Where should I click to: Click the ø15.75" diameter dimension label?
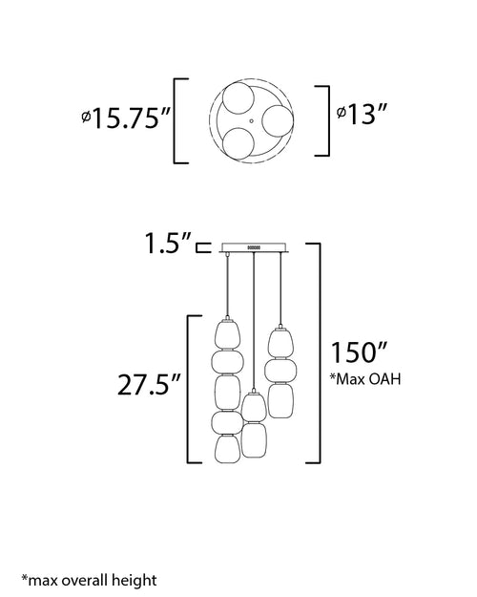click(126, 118)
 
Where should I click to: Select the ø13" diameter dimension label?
click(362, 114)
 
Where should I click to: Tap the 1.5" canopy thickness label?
click(168, 243)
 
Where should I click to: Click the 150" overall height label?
click(359, 352)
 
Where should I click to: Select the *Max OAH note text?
click(364, 379)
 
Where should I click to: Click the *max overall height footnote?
click(89, 580)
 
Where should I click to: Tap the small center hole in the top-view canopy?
click(251, 121)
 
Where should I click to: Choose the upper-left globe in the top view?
click(238, 97)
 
